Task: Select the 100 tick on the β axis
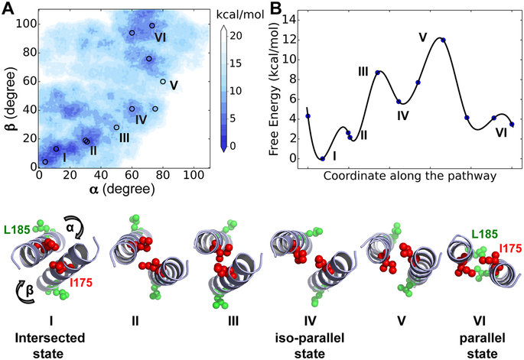pyautogui.click(x=28, y=24)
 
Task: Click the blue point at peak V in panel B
pyautogui.click(x=443, y=40)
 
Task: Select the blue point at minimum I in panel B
pyautogui.click(x=322, y=158)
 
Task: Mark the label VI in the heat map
pyautogui.click(x=160, y=36)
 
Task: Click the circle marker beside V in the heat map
pyautogui.click(x=162, y=82)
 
